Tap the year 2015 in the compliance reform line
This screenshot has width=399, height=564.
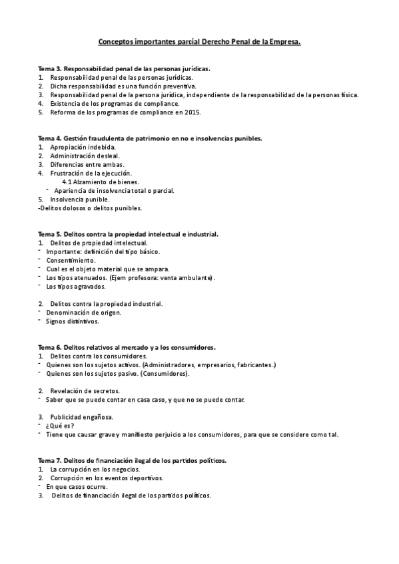[x=173, y=112]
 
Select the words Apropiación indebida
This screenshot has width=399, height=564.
[x=83, y=146]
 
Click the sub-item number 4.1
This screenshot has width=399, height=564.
[x=67, y=182]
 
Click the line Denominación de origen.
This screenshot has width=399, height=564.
[x=83, y=312]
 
